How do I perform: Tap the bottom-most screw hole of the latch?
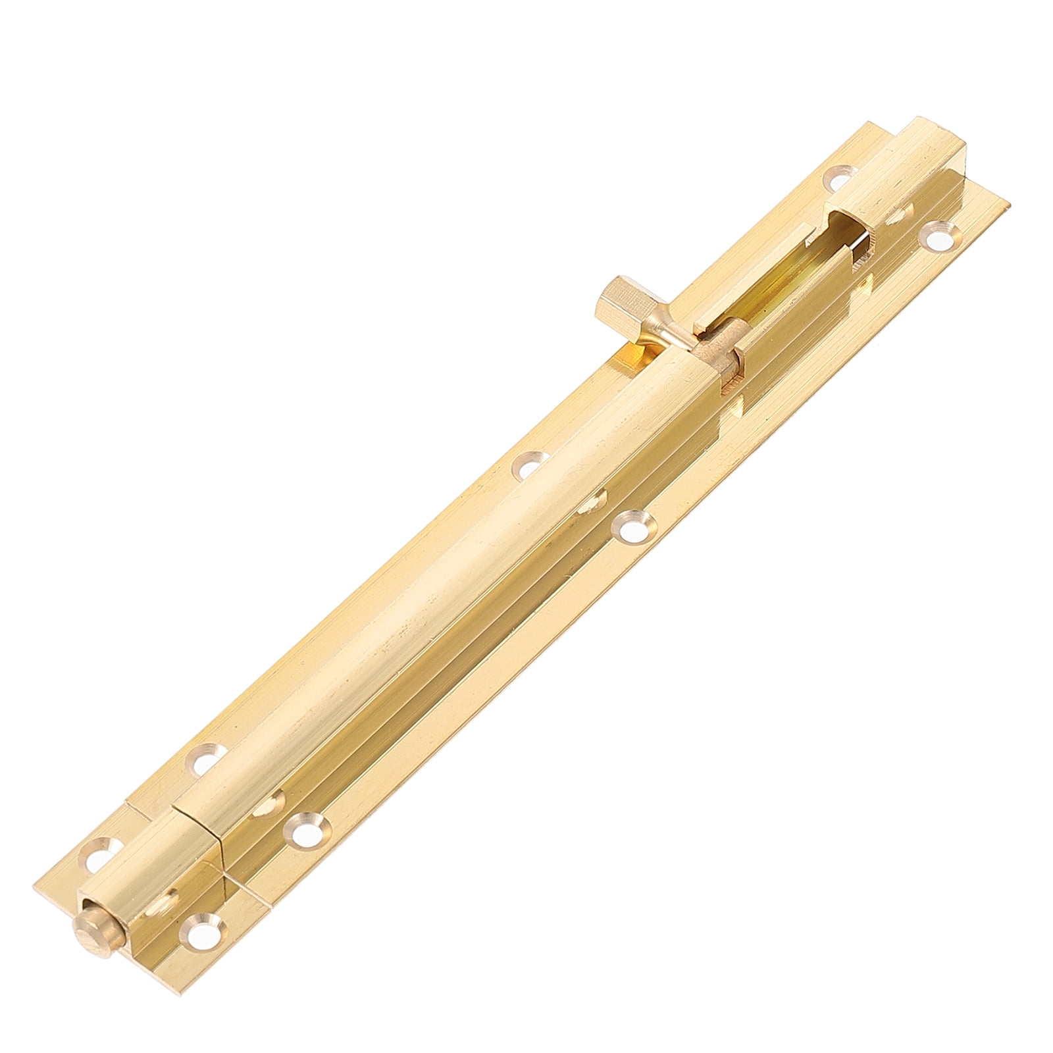click(x=199, y=967)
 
